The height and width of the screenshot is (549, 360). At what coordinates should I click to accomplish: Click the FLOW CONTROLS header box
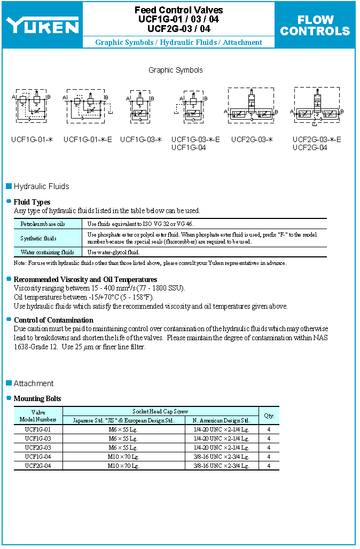click(x=315, y=25)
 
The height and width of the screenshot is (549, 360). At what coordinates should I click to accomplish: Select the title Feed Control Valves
click(x=178, y=10)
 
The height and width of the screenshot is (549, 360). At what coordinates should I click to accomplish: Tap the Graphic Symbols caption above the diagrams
click(x=176, y=70)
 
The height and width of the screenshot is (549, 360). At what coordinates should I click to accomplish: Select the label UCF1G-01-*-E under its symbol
click(x=88, y=140)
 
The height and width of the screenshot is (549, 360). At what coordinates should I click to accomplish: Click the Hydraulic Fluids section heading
click(x=41, y=186)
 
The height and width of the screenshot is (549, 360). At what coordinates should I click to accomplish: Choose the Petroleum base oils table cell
click(x=43, y=224)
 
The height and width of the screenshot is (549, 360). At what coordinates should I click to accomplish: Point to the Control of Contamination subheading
click(x=53, y=320)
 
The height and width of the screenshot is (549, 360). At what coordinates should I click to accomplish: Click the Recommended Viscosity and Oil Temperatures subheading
click(x=85, y=279)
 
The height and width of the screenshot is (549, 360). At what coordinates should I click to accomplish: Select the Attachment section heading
click(x=34, y=383)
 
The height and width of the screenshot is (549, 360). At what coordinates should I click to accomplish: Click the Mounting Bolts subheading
click(x=37, y=398)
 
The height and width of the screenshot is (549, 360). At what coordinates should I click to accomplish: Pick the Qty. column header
click(x=269, y=415)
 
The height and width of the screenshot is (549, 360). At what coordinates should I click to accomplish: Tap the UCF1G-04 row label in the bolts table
click(x=38, y=457)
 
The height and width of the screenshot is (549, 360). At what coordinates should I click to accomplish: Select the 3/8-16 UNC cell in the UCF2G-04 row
click(x=221, y=466)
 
